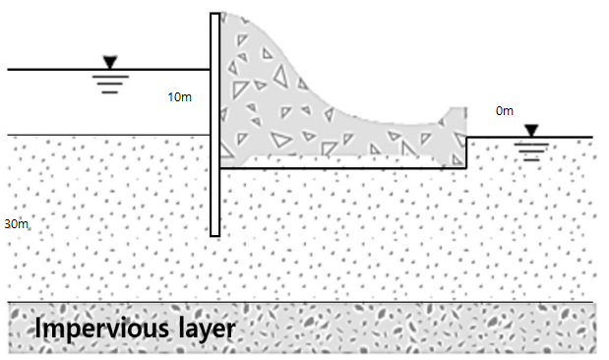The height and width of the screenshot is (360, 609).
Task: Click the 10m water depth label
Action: coord(179,97)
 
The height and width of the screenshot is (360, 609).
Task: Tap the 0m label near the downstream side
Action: coord(504,111)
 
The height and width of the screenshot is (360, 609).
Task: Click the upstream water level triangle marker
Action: coord(109,64)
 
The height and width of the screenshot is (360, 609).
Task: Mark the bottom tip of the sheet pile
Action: coord(214,234)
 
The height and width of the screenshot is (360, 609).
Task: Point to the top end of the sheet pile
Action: coord(214,13)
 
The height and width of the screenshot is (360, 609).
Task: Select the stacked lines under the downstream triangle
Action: coord(531,150)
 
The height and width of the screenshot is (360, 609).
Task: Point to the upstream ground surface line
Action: coord(98,136)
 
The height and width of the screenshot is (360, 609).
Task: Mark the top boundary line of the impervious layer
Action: coord(295,302)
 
